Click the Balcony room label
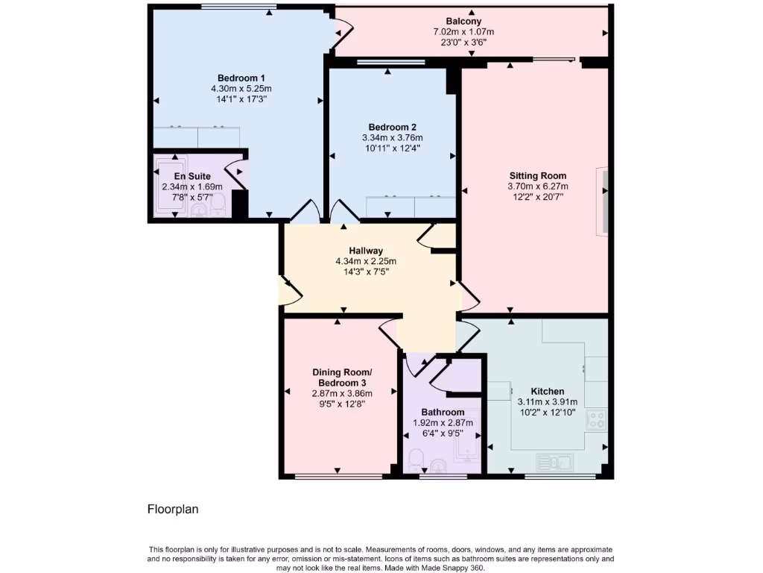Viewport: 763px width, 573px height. [463, 21]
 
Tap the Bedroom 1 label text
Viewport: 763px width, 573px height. [241, 78]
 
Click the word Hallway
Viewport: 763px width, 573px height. [366, 251]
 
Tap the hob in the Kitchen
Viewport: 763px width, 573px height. [597, 419]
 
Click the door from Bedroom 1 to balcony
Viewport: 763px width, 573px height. [341, 31]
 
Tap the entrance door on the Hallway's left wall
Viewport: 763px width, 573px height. [288, 290]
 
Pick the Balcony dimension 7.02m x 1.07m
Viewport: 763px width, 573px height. [463, 32]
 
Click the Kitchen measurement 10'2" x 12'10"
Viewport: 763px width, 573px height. [547, 413]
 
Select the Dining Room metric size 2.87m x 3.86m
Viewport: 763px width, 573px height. [341, 393]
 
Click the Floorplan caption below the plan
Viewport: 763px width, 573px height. [173, 510]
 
